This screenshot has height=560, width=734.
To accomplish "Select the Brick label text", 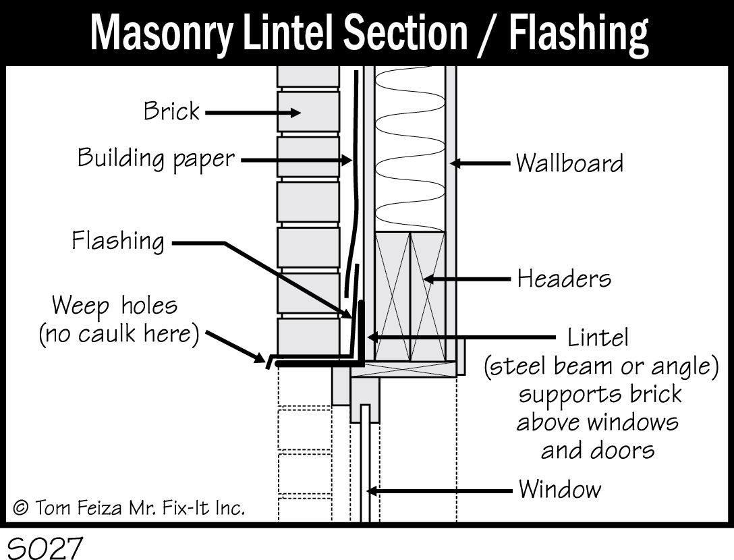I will tap(171, 111).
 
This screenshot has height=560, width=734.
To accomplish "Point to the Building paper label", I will tap(157, 159).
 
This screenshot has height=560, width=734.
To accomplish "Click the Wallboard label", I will tap(569, 163).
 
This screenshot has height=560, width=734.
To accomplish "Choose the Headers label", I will tap(564, 279).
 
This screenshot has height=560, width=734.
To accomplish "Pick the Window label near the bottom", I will tap(559, 489).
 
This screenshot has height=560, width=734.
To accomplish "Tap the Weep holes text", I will tap(115, 306).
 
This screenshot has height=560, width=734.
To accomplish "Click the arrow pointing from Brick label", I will tap(252, 113).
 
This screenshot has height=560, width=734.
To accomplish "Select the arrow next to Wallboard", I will tap(480, 163).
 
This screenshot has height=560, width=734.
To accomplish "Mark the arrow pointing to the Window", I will tap(439, 491).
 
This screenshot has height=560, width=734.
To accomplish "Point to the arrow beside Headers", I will tap(465, 279).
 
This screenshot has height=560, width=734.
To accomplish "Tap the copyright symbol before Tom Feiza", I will tap(21, 508).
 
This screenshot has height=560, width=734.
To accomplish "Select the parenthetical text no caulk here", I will tap(119, 335).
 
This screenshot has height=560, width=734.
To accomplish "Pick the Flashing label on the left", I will tap(118, 241).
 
